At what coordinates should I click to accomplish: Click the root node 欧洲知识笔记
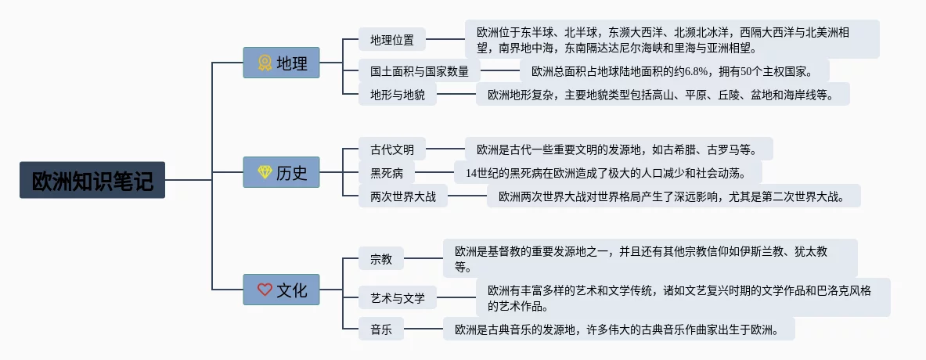pyautogui.click(x=92, y=180)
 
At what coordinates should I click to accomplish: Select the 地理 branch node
pyautogui.click(x=281, y=63)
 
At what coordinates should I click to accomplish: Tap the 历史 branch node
pyautogui.click(x=281, y=172)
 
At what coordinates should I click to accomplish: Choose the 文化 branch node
pyautogui.click(x=281, y=290)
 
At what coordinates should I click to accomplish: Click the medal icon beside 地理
pyautogui.click(x=265, y=63)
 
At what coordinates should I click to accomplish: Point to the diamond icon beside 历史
pyautogui.click(x=265, y=172)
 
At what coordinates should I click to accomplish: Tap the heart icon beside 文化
pyautogui.click(x=265, y=290)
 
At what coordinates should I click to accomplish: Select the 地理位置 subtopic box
pyautogui.click(x=392, y=39)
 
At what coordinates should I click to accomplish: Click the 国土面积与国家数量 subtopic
pyautogui.click(x=420, y=71)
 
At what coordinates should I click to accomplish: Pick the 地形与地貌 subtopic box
pyautogui.click(x=398, y=95)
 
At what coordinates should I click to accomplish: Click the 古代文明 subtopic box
pyautogui.click(x=392, y=149)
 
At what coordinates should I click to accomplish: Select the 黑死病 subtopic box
pyautogui.click(x=387, y=172)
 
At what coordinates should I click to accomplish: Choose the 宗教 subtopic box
pyautogui.click(x=381, y=258)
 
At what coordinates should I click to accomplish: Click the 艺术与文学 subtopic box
pyautogui.click(x=398, y=297)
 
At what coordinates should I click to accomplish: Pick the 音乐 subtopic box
pyautogui.click(x=381, y=329)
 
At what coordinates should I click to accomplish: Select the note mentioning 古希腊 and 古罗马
pyautogui.click(x=619, y=149)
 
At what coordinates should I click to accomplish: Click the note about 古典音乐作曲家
pyautogui.click(x=618, y=329)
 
